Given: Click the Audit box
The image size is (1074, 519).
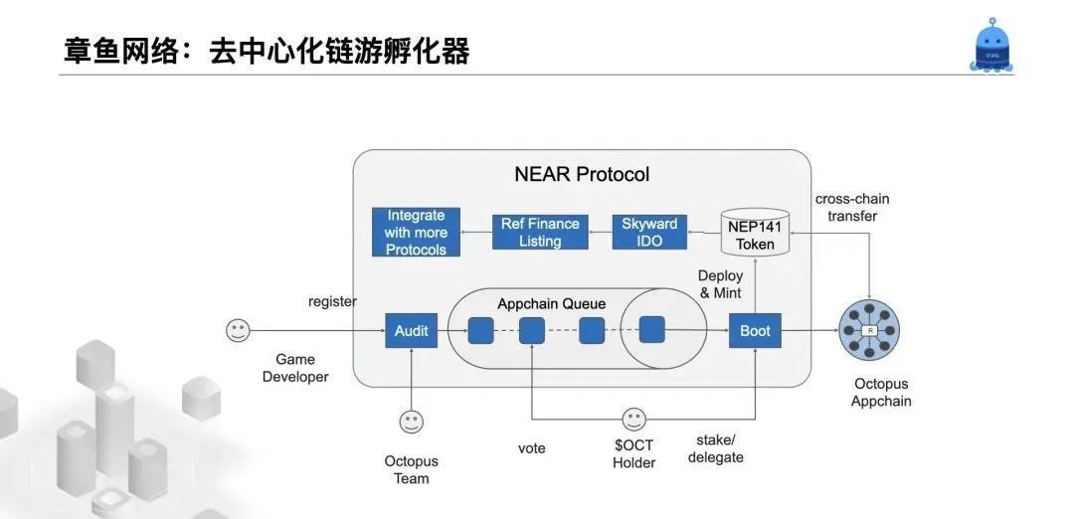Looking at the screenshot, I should click(x=412, y=330).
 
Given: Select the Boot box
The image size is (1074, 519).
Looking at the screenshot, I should click(x=755, y=330).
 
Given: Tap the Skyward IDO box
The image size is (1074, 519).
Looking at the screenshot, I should click(x=648, y=233).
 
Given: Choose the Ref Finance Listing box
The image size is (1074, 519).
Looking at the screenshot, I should click(x=540, y=233).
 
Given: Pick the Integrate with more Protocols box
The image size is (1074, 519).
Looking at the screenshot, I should click(x=417, y=233).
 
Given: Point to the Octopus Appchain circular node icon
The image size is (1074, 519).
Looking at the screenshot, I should click(x=870, y=331).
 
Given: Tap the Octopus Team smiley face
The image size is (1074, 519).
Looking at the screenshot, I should click(x=412, y=423).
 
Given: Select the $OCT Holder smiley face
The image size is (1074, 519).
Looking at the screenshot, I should click(x=633, y=420).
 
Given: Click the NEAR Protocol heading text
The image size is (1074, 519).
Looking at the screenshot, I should click(x=582, y=175).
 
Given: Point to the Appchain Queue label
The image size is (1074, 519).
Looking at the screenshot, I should click(x=551, y=303).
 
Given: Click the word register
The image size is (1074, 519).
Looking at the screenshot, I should click(x=332, y=301).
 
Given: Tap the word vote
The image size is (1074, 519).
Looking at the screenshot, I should click(x=532, y=448).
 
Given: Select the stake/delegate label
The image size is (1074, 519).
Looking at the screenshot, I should click(x=716, y=448).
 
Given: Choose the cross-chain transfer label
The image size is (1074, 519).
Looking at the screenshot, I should click(x=852, y=207).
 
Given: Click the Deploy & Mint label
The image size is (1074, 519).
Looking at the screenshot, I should click(x=721, y=284).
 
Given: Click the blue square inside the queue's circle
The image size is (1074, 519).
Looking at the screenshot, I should click(x=651, y=330).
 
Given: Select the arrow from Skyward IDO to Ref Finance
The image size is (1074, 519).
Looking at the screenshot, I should click(x=598, y=233).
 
